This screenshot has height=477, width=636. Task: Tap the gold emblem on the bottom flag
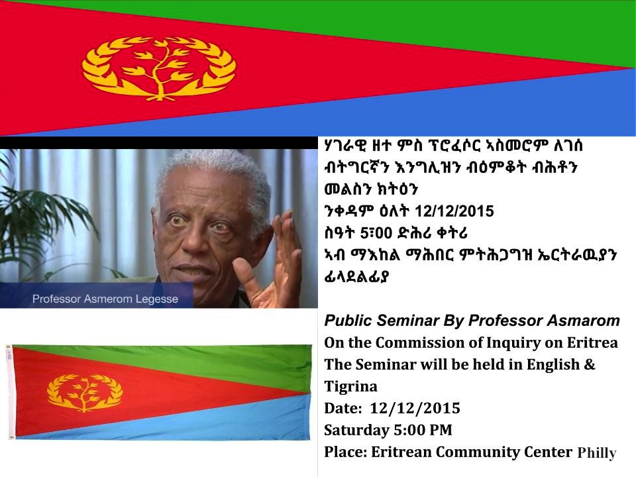[85, 392]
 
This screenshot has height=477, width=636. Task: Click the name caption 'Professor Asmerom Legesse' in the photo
[105, 299]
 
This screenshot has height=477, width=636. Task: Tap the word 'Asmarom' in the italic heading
[583, 321]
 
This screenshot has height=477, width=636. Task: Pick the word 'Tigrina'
[351, 387]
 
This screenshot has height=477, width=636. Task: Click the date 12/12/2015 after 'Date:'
[415, 408]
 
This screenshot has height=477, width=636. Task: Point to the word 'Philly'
[597, 453]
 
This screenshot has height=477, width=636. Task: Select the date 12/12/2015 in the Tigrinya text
[454, 211]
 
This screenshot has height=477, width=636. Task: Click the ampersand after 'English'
[590, 364]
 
